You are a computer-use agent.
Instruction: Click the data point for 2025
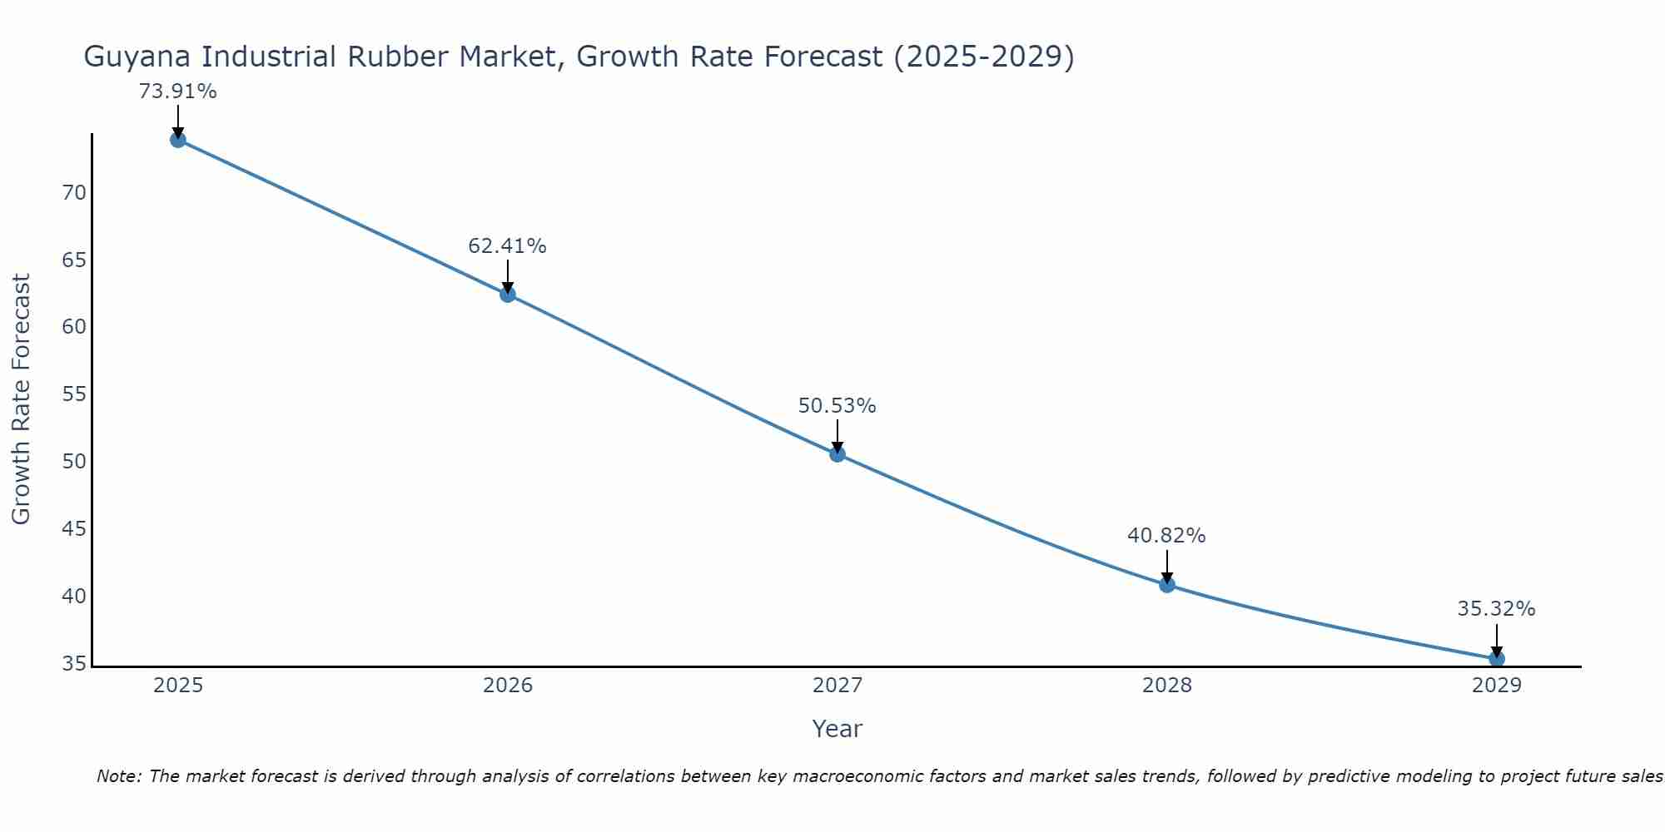(x=178, y=140)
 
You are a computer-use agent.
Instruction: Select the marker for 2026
(x=508, y=295)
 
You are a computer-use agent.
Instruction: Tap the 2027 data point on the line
(x=837, y=454)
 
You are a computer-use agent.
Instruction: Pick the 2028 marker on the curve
(x=1167, y=585)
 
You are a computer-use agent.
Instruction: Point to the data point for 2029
(x=1496, y=659)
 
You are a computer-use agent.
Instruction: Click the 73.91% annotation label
(x=178, y=92)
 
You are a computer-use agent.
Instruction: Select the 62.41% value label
(x=508, y=246)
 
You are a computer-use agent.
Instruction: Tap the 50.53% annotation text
(x=837, y=406)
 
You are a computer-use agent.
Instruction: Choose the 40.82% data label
(x=1167, y=536)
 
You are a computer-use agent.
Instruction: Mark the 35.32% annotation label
(x=1496, y=609)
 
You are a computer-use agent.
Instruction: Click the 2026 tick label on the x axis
(x=508, y=686)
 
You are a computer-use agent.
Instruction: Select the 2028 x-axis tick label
(x=1167, y=686)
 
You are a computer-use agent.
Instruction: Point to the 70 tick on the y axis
(x=74, y=193)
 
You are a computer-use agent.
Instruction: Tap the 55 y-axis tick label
(x=74, y=394)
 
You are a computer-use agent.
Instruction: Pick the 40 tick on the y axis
(x=74, y=597)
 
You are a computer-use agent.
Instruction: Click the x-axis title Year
(x=837, y=729)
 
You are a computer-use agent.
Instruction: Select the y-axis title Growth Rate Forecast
(x=21, y=399)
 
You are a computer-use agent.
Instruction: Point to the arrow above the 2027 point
(x=837, y=435)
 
